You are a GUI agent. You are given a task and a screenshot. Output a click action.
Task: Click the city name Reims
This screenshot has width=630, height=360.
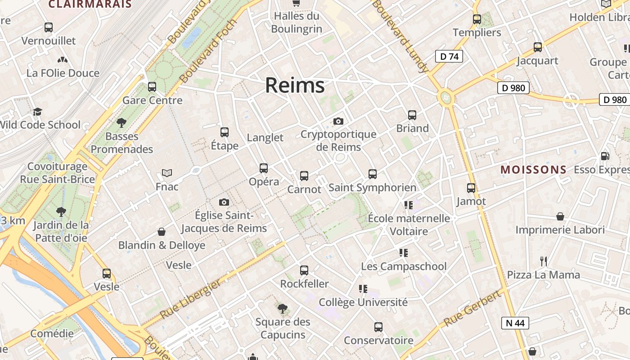pyautogui.click(x=295, y=85)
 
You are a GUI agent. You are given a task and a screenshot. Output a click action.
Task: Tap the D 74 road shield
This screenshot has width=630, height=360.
pyautogui.click(x=449, y=56)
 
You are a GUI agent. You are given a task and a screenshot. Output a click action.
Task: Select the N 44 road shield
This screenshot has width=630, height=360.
pyautogui.click(x=515, y=323)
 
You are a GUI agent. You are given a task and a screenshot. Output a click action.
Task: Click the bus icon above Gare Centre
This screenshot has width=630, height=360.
pyautogui.click(x=152, y=86)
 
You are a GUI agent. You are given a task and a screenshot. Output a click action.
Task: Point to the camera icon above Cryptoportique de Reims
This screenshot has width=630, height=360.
pyautogui.click(x=338, y=121)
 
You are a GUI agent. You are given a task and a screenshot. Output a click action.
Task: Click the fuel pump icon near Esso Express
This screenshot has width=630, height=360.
pyautogui.click(x=605, y=156)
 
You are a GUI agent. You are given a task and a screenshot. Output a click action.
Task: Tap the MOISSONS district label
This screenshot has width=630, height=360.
pyautogui.click(x=533, y=170)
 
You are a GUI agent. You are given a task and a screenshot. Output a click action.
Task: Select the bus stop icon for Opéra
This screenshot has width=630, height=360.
pyautogui.click(x=264, y=168)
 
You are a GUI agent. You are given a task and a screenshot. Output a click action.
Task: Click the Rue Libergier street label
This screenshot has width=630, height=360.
pyautogui.click(x=190, y=299)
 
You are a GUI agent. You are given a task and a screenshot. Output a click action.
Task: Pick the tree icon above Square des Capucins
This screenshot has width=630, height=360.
pyautogui.click(x=283, y=308)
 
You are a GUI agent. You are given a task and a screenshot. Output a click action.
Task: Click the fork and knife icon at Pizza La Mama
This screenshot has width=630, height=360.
pyautogui.click(x=544, y=261)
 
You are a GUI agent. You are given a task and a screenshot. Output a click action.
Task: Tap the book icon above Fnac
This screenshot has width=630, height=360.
pyautogui.click(x=167, y=173)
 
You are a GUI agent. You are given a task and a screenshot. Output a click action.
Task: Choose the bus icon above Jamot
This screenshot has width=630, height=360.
pyautogui.click(x=471, y=188)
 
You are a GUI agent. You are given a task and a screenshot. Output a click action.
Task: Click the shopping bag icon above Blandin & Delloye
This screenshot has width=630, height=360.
pyautogui.click(x=162, y=232)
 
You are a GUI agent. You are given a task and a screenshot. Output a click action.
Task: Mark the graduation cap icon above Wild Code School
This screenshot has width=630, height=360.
pyautogui.click(x=37, y=112)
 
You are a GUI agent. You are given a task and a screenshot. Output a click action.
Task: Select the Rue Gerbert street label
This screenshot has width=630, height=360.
pyautogui.click(x=472, y=309)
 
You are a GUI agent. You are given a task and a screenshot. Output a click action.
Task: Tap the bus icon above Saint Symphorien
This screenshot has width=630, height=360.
pyautogui.click(x=373, y=174)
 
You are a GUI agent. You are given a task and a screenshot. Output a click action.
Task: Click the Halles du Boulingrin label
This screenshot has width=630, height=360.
pyautogui.click(x=297, y=22)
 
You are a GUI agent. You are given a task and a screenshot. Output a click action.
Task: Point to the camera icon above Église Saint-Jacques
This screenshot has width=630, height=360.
pyautogui.click(x=224, y=202)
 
